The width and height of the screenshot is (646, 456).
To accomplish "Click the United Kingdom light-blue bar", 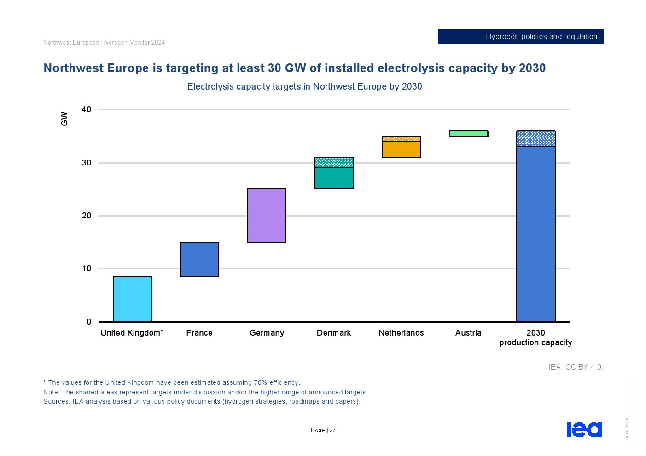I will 132,299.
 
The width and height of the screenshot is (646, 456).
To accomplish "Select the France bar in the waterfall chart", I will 199,259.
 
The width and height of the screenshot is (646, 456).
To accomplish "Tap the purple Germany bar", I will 267,216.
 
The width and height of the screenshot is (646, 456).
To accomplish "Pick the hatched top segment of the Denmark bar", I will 334,162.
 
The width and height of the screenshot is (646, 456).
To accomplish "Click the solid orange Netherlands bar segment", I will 401,149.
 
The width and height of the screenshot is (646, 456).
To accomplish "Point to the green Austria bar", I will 468,133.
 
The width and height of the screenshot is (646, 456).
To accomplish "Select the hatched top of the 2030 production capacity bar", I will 535,138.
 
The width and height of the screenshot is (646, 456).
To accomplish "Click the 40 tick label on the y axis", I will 87,109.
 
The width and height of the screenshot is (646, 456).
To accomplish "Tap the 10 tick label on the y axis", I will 87,268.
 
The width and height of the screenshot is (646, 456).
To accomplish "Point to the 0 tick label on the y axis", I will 89,322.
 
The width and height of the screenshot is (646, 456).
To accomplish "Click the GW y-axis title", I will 64,119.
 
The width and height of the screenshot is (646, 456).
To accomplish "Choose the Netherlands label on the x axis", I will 401,333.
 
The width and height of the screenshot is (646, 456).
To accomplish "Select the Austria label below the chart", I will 468,333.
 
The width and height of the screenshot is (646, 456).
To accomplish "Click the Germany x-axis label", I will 267,333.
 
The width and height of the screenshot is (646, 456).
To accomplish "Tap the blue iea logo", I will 584,429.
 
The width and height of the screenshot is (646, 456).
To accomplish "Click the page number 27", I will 332,430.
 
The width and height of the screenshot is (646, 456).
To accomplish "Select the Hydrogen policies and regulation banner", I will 520,37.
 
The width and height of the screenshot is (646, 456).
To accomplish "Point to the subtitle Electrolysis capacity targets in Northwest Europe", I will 304,86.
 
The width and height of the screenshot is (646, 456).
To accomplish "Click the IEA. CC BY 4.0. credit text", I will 576,367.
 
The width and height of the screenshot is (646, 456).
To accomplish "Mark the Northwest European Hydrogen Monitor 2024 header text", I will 104,43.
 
